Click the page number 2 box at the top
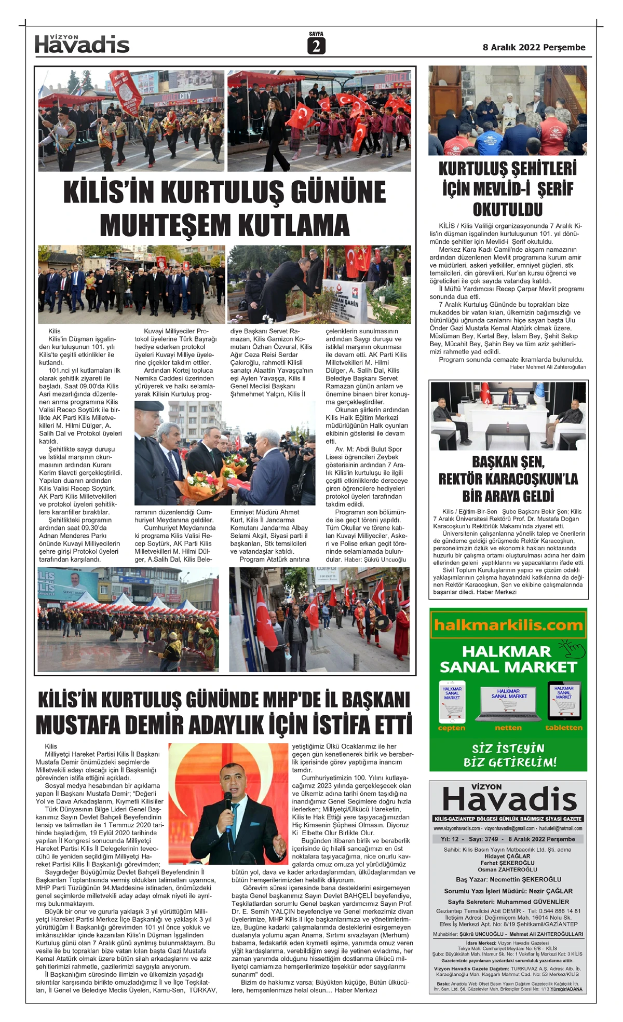[316, 46]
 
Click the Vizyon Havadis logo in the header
[82, 45]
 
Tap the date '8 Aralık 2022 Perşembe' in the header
[534, 47]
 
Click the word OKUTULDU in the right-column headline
[507, 210]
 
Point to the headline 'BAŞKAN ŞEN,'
[508, 461]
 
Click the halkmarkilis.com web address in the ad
[508, 625]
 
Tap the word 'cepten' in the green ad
[451, 728]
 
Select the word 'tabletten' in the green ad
[563, 728]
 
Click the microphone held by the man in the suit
[228, 800]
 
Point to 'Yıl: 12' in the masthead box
[450, 839]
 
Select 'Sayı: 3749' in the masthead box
[483, 839]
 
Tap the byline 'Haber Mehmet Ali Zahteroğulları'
[548, 367]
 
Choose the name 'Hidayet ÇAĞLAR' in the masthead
[507, 856]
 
